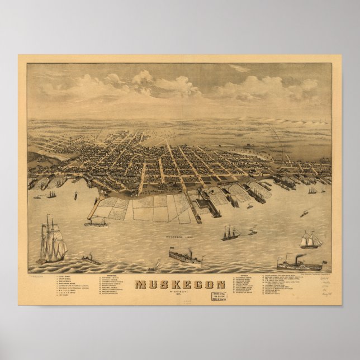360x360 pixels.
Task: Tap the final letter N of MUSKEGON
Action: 220,285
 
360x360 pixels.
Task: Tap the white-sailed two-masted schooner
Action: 311,240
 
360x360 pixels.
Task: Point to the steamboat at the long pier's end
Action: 96,224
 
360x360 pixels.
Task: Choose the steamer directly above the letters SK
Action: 186,258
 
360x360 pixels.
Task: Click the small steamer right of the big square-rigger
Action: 91,260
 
